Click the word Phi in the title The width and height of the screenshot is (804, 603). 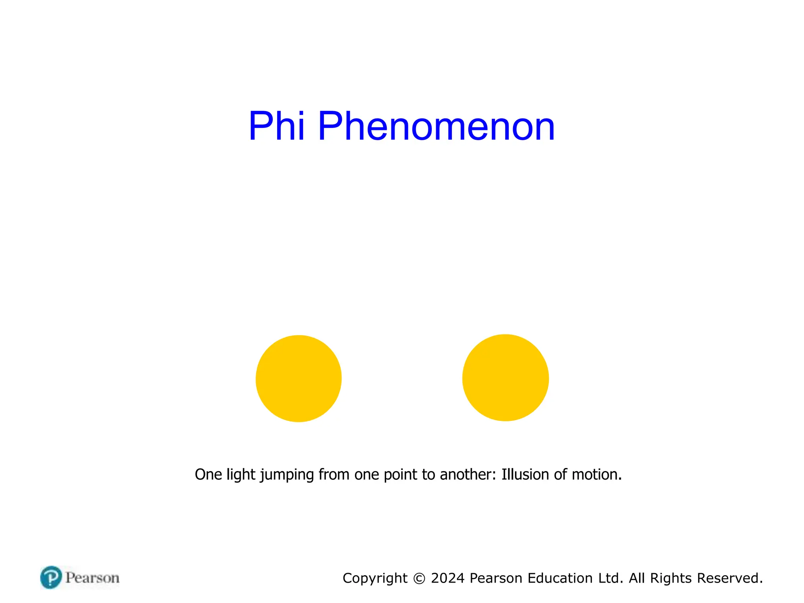(276, 126)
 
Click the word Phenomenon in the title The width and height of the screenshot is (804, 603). (436, 126)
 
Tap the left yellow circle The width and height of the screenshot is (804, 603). (298, 378)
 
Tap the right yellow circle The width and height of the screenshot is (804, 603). (505, 378)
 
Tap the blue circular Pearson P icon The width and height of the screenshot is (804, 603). (51, 577)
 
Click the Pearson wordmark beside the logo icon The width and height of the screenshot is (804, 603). (92, 578)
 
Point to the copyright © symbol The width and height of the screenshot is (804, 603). (419, 578)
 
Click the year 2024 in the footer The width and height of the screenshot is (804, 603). (448, 578)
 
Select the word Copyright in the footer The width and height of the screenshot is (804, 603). (375, 578)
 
